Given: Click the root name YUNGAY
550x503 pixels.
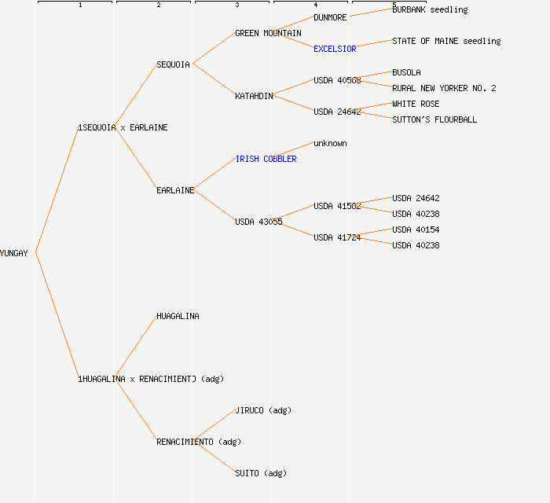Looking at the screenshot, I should click(x=14, y=253).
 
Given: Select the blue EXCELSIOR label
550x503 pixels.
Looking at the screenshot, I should click(x=335, y=49).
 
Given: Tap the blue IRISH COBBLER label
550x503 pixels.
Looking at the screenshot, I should click(x=266, y=159).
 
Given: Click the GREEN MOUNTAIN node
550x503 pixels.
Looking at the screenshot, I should click(x=268, y=33).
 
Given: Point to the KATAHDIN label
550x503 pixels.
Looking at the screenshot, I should click(x=254, y=96).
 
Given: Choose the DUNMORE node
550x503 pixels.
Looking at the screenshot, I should click(x=330, y=17).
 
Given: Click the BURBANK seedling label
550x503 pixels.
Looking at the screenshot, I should click(x=430, y=9).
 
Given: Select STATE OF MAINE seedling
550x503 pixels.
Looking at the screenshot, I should click(x=446, y=41).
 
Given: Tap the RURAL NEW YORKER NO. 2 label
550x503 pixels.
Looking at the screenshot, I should click(x=444, y=88).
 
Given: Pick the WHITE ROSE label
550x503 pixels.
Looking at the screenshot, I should click(x=416, y=104).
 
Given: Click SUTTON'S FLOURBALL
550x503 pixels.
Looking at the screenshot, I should click(x=434, y=119).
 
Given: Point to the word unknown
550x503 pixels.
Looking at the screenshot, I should click(x=330, y=143).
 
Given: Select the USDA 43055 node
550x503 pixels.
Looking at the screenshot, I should click(x=258, y=222).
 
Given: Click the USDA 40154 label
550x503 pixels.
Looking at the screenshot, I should click(x=416, y=229).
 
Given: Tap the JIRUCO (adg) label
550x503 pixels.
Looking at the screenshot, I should click(x=263, y=410).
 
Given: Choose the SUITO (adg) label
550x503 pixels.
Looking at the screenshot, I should click(x=261, y=473).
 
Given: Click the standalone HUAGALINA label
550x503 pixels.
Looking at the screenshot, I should click(x=178, y=316).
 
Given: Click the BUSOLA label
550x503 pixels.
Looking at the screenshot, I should click(x=406, y=72).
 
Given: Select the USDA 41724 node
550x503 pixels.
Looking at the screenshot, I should click(x=337, y=237).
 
